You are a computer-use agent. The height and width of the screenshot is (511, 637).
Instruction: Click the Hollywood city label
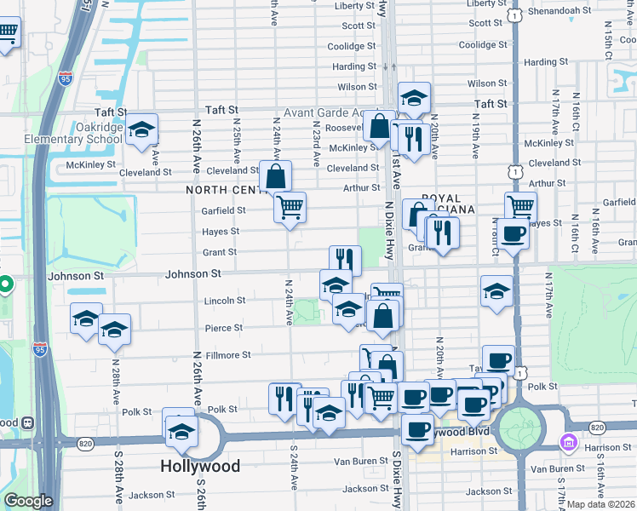tap(200, 466)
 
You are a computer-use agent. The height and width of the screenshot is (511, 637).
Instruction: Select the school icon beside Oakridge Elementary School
tap(142, 130)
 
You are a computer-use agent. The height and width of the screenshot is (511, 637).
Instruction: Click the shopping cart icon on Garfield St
tap(290, 206)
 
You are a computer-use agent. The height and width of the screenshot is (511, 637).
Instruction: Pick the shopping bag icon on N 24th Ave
tap(276, 177)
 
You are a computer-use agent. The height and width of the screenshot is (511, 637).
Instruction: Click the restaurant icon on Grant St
tap(345, 261)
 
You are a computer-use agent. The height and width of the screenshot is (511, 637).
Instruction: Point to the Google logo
tap(28, 501)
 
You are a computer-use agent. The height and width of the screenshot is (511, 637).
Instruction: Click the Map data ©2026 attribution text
tap(600, 504)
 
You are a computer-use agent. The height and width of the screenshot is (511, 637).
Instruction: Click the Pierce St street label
tap(224, 328)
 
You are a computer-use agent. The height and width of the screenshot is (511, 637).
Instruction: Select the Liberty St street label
tap(355, 5)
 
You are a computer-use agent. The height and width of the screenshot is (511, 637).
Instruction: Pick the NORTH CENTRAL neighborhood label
tap(223, 190)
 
